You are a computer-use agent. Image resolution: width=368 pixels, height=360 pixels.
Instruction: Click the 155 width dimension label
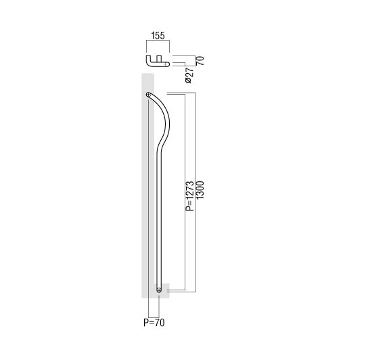point(158,36)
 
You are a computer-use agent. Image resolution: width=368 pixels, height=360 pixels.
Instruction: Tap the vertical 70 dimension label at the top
point(200,61)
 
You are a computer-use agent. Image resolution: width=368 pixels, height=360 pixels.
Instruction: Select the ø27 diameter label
point(189,75)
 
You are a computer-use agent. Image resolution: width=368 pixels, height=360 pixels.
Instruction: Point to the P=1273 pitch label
point(190,196)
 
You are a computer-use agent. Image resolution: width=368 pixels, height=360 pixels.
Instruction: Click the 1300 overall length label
point(200,189)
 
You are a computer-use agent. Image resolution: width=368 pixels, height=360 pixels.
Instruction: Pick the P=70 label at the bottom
point(154,323)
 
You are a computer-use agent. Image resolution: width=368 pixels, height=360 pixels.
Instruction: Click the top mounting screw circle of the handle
point(148,95)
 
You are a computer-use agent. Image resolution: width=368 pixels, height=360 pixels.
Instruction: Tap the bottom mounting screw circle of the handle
point(159,290)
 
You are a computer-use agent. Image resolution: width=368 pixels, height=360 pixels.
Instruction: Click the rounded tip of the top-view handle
point(167,64)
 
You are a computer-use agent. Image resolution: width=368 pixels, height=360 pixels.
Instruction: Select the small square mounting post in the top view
point(159,58)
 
